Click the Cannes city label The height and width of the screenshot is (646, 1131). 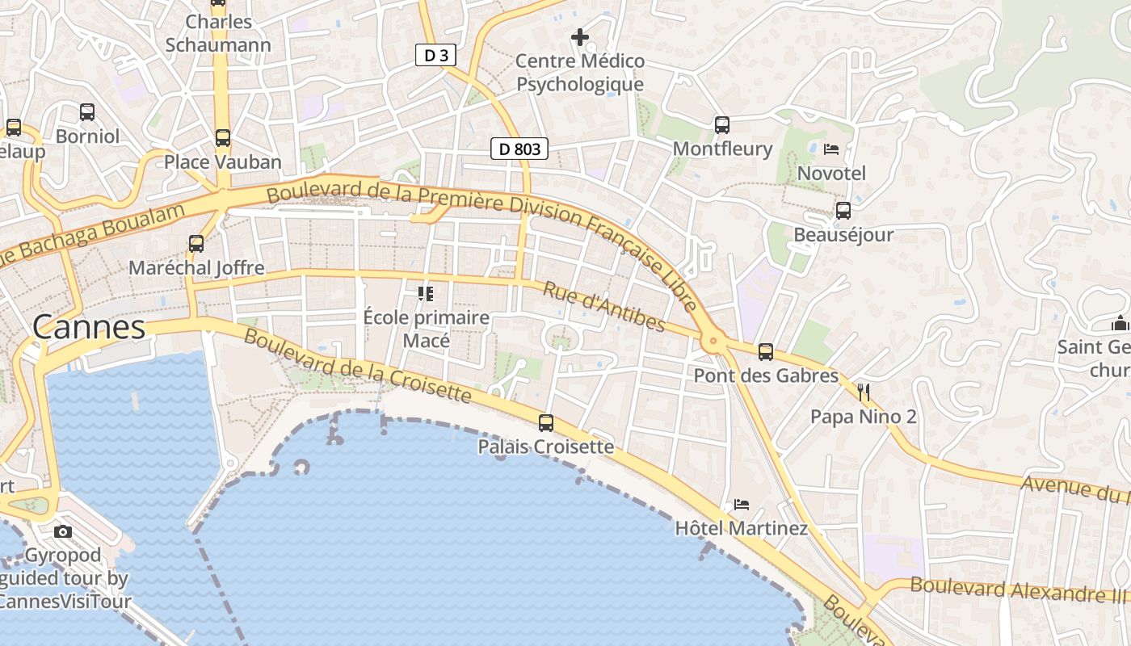tap(89, 327)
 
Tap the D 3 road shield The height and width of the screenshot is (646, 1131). tap(436, 55)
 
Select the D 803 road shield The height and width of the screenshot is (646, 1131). tap(519, 149)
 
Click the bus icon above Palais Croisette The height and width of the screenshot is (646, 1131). tap(546, 422)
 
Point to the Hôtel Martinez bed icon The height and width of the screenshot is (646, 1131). tap(742, 505)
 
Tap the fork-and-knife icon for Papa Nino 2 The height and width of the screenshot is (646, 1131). tap(864, 392)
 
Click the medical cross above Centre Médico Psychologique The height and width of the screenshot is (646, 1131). tap(579, 36)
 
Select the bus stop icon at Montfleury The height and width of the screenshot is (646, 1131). tap(722, 125)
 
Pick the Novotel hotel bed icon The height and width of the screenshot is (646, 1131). tap(831, 149)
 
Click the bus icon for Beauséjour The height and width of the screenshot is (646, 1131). tap(843, 211)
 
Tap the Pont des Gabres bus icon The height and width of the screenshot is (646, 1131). tap(766, 352)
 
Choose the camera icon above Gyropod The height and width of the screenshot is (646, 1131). tap(63, 531)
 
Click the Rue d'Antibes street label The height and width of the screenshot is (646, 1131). tap(603, 306)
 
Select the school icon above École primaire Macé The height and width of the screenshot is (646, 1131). tap(426, 293)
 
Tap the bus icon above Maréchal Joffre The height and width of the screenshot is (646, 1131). tap(196, 243)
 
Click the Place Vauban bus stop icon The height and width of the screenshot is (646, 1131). tap(223, 138)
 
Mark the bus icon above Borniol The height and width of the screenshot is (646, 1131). tap(87, 112)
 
